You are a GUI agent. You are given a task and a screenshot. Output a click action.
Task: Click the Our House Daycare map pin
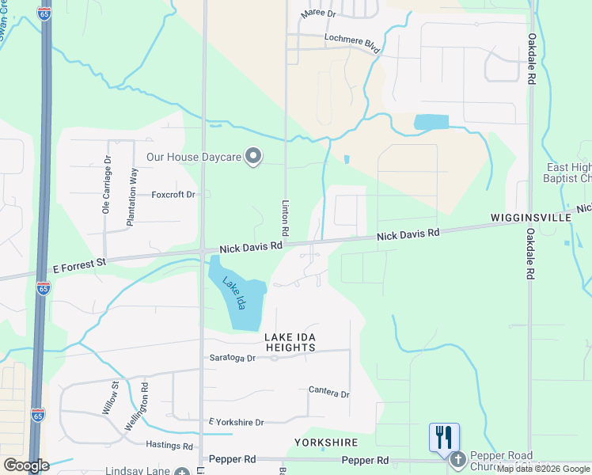point(253,157)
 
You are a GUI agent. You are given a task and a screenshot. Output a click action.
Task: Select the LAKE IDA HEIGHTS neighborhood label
point(290,342)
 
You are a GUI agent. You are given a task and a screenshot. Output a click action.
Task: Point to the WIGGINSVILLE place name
point(530,216)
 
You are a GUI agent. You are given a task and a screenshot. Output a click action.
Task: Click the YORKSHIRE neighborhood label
point(326,443)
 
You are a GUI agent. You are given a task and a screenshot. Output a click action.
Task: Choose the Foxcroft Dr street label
point(173,194)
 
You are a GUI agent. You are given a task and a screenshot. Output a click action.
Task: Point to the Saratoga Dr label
point(233,358)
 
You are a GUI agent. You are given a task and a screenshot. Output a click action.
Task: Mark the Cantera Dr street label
point(329,393)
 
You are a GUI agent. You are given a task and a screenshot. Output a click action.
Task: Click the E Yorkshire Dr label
point(235,423)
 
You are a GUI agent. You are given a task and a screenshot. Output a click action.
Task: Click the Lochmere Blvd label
point(352,43)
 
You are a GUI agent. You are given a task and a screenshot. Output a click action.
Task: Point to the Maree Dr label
point(318,14)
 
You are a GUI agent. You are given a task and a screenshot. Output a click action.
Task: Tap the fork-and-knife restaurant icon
point(444,437)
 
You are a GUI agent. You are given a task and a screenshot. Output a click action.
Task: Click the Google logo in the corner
point(26,465)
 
